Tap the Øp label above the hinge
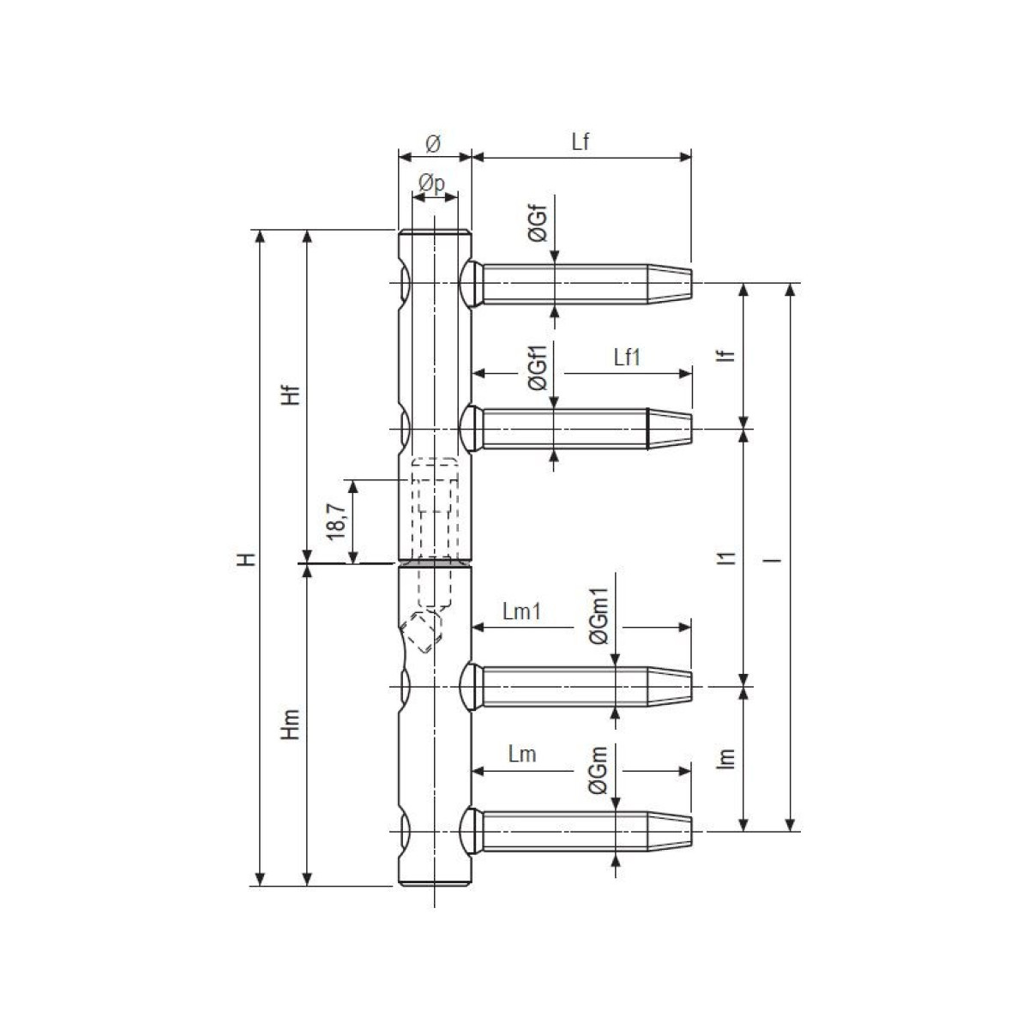[432, 184]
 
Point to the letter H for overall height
[247, 559]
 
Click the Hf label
[291, 394]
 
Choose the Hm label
[291, 725]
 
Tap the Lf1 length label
[626, 358]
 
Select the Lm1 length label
[521, 611]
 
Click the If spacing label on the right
[727, 356]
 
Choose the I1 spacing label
[727, 558]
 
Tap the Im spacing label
[727, 758]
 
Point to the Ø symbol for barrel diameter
[433, 143]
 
